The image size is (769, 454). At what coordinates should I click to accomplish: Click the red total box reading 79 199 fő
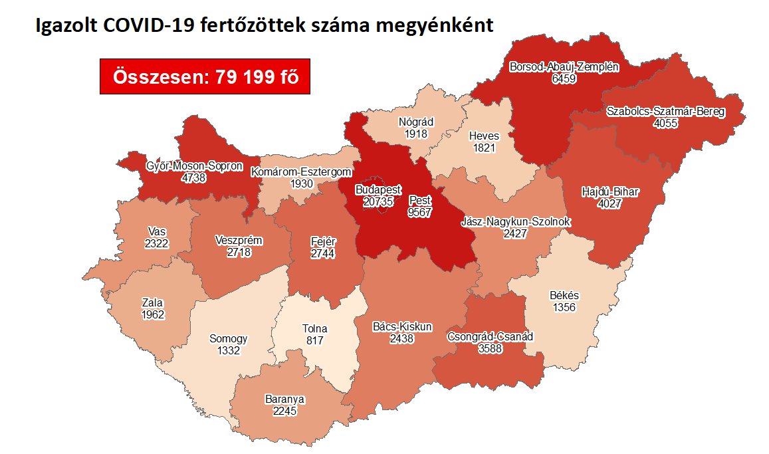point(205,76)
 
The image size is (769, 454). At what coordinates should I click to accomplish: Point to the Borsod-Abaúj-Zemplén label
point(564,67)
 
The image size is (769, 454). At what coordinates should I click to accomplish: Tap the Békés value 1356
point(564,307)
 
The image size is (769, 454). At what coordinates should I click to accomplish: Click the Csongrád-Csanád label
point(490,336)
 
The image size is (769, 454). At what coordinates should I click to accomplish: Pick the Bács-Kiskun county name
point(402,326)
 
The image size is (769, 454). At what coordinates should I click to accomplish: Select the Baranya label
point(284,399)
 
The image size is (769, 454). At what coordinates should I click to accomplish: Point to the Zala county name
point(153,303)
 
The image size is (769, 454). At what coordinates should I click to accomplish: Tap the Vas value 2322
point(157,243)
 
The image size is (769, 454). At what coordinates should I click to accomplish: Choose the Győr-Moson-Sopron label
point(194,166)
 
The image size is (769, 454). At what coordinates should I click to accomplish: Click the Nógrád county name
point(415,122)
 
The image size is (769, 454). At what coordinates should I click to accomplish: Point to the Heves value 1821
point(484,148)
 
